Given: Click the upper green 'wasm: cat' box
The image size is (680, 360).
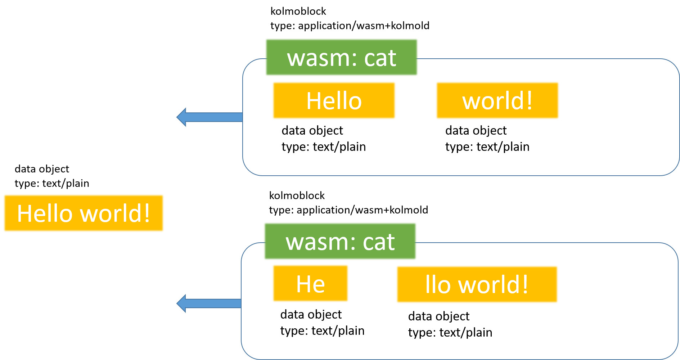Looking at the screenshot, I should point(341,58).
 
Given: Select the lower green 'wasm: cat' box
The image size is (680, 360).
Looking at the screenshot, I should point(340,242).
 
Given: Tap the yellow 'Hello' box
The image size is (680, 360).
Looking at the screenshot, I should point(334,100).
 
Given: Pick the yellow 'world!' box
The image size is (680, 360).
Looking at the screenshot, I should point(497,100).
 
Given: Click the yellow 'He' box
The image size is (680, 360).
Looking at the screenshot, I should point(310,284).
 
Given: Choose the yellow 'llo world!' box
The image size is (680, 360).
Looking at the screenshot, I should point(477,284).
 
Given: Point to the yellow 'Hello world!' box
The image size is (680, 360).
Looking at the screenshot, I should point(84,213).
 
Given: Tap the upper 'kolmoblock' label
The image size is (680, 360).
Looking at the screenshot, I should point(298,11).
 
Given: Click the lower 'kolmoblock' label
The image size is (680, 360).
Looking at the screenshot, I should point(297,195).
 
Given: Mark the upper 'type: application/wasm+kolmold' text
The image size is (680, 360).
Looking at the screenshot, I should point(350,26).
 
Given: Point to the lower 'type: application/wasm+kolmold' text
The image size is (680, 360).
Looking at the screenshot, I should point(348,210).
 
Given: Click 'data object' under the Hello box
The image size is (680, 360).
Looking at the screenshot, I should point(312,130).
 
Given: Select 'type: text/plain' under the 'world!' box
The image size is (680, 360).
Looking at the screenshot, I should point(487,147).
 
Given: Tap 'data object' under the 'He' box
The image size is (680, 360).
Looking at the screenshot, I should point(311,314).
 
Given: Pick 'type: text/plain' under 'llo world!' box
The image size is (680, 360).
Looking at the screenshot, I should point(450,332).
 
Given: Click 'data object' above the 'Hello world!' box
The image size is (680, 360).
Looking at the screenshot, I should point(42,169).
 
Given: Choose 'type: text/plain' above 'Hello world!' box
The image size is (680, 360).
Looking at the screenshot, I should point(52,183).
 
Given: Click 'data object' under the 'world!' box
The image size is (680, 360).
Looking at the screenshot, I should point(476,130).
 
